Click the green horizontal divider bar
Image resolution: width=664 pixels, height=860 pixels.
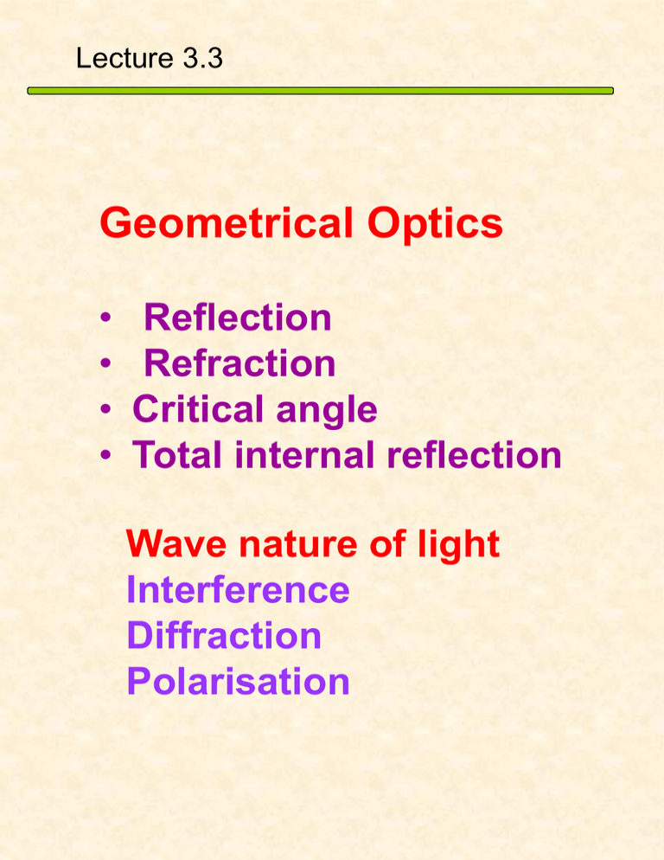click(x=320, y=90)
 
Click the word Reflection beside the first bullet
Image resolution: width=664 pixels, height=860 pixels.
click(x=238, y=318)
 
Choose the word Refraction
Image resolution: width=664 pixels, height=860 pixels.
click(x=239, y=363)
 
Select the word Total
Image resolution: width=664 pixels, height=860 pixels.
click(x=177, y=455)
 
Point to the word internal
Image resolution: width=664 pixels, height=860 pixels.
click(x=296, y=455)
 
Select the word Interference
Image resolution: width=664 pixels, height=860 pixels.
click(x=238, y=590)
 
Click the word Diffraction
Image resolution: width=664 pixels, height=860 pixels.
click(x=224, y=636)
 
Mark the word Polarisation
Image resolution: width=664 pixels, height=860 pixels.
click(x=238, y=682)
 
